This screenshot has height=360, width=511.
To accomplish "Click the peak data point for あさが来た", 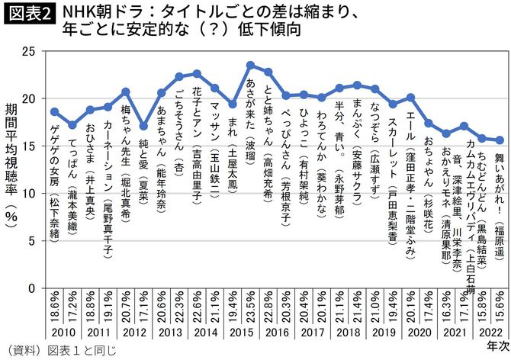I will coord(251,66).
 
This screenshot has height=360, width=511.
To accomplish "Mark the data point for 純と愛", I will coord(143,126).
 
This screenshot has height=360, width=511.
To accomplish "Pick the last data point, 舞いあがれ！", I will coord(500,140).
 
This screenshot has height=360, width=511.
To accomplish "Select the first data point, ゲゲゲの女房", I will coord(54,111).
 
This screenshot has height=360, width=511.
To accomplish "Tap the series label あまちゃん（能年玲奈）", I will coord(161,153).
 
